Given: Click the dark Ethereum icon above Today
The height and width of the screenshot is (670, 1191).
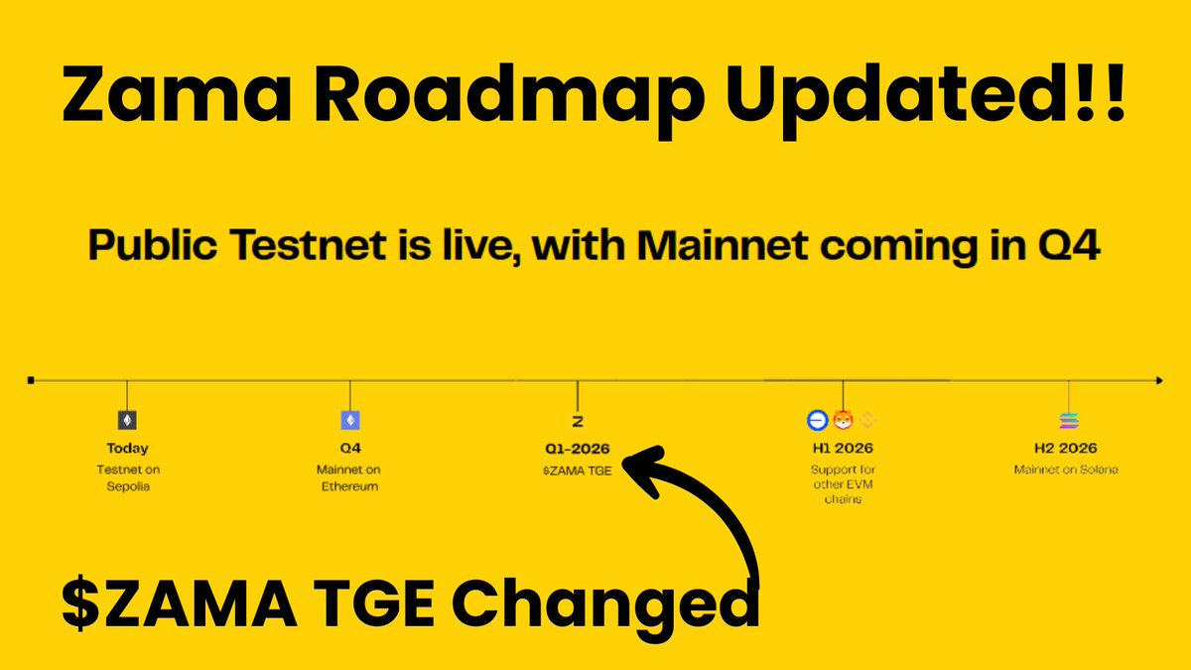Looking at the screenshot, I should click(x=127, y=420).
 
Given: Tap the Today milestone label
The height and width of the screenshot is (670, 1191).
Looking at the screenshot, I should click(x=127, y=449).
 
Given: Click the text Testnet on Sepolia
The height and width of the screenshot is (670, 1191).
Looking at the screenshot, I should click(x=127, y=477).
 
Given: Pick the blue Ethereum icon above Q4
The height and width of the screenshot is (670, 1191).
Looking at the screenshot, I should click(x=349, y=420).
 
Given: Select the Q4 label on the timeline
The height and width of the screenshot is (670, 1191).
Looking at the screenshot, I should click(x=349, y=449).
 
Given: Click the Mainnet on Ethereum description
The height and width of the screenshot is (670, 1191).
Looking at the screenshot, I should click(x=349, y=477).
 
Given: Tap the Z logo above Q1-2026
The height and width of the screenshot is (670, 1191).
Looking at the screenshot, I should click(x=578, y=421).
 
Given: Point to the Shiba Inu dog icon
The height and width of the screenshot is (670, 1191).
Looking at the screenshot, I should click(x=843, y=420).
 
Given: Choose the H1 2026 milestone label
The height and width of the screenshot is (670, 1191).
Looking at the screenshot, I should click(x=842, y=449).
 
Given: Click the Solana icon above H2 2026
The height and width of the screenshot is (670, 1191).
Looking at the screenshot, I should click(x=1068, y=420).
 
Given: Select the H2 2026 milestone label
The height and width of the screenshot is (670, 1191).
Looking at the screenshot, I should click(x=1068, y=449).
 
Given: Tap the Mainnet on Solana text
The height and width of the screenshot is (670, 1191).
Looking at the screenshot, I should click(x=1066, y=469).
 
